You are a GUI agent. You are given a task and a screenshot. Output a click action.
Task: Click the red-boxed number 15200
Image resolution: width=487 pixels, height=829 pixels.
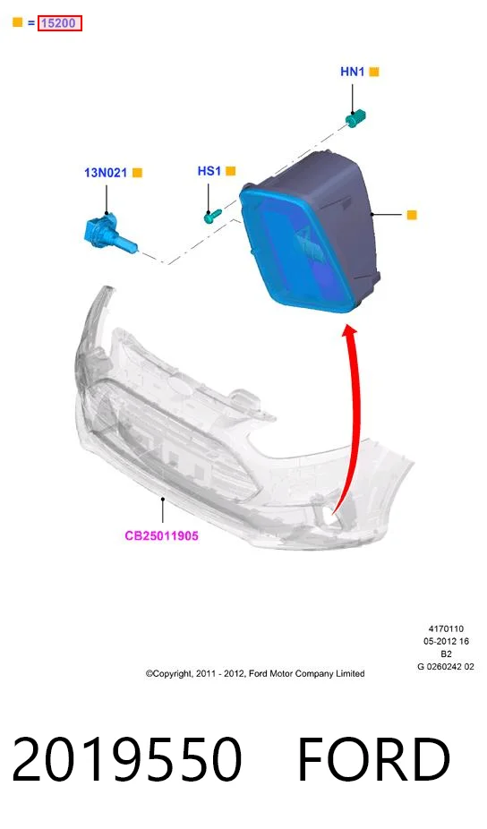tap(59, 23)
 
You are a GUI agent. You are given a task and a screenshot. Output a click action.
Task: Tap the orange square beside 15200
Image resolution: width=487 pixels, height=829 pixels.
tap(17, 22)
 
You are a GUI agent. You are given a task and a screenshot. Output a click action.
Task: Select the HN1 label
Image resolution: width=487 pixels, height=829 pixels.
tap(352, 72)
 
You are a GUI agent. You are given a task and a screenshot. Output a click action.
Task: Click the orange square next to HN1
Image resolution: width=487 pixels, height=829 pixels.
tap(374, 72)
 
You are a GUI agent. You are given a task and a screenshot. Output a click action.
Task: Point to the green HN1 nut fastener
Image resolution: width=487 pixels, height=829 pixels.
tap(356, 118)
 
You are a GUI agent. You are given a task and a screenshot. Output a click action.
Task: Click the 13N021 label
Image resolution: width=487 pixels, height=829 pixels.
tap(106, 173)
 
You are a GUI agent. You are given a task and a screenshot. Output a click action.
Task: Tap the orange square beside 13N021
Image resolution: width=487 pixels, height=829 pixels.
tap(138, 173)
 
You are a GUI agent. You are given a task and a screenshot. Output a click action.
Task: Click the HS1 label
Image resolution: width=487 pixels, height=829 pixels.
tap(209, 171)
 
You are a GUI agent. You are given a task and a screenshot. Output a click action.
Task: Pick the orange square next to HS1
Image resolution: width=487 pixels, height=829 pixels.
tap(231, 171)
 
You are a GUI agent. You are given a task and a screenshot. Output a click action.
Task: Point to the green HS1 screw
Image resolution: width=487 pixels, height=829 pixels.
tap(212, 215)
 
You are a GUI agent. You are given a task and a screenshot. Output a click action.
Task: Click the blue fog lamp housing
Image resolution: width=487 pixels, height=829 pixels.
tap(310, 233)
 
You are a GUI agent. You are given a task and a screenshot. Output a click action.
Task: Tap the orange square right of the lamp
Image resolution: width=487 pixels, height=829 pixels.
tap(412, 215)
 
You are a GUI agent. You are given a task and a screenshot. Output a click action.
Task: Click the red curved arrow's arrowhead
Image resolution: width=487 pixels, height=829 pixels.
tap(350, 333)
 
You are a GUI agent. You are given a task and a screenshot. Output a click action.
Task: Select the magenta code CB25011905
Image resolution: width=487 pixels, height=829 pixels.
tap(161, 535)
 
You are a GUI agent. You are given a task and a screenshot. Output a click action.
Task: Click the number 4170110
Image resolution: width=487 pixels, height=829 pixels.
tap(446, 628)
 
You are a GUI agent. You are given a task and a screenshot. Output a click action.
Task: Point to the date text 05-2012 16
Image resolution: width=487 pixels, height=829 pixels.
tap(446, 641)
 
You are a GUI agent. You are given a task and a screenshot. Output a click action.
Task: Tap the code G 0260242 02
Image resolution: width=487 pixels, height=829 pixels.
tap(446, 667)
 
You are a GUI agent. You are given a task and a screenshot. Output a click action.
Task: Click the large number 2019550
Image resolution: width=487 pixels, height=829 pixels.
tap(127, 759)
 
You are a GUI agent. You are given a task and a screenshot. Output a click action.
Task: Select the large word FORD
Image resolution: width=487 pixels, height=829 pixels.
tap(374, 759)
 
